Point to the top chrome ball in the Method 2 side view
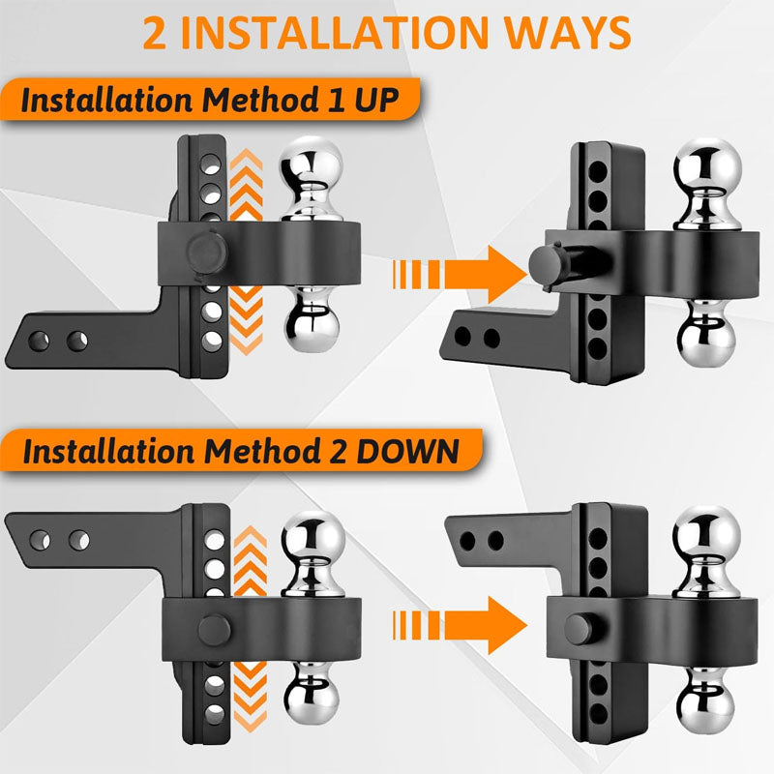(x=311, y=535)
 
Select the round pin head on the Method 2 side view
(x=214, y=626)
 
